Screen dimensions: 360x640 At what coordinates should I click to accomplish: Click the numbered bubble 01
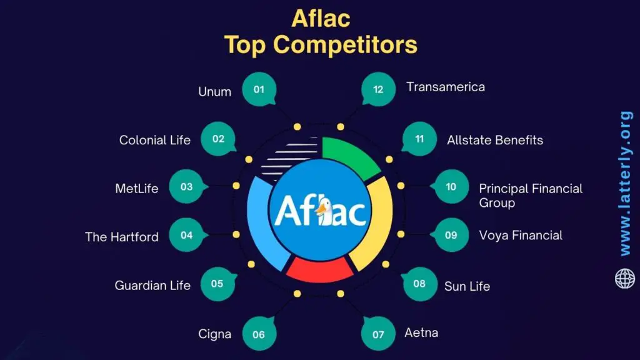coord(259,89)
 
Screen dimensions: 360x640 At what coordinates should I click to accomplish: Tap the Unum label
coord(214,91)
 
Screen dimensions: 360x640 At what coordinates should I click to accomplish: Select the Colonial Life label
coord(154,140)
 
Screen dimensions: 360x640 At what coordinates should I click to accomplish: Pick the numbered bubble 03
coord(186,187)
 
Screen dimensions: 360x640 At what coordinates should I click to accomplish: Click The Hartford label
coord(122,237)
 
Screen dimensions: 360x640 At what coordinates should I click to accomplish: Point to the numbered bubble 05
coord(217,284)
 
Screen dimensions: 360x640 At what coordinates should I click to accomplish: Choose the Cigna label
coord(215,334)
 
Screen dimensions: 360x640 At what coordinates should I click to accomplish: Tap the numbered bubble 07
coord(379,334)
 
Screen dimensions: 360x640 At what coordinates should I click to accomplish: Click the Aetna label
coord(421,332)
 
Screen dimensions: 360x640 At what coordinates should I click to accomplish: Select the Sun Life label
coord(467,286)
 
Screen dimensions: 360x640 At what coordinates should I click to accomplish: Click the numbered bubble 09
coord(451,235)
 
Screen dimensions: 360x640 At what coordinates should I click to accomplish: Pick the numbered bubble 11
coord(419,139)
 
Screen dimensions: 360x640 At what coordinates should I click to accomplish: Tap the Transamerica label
coord(445,87)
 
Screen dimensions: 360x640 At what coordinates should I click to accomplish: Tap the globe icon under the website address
coord(625,278)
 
